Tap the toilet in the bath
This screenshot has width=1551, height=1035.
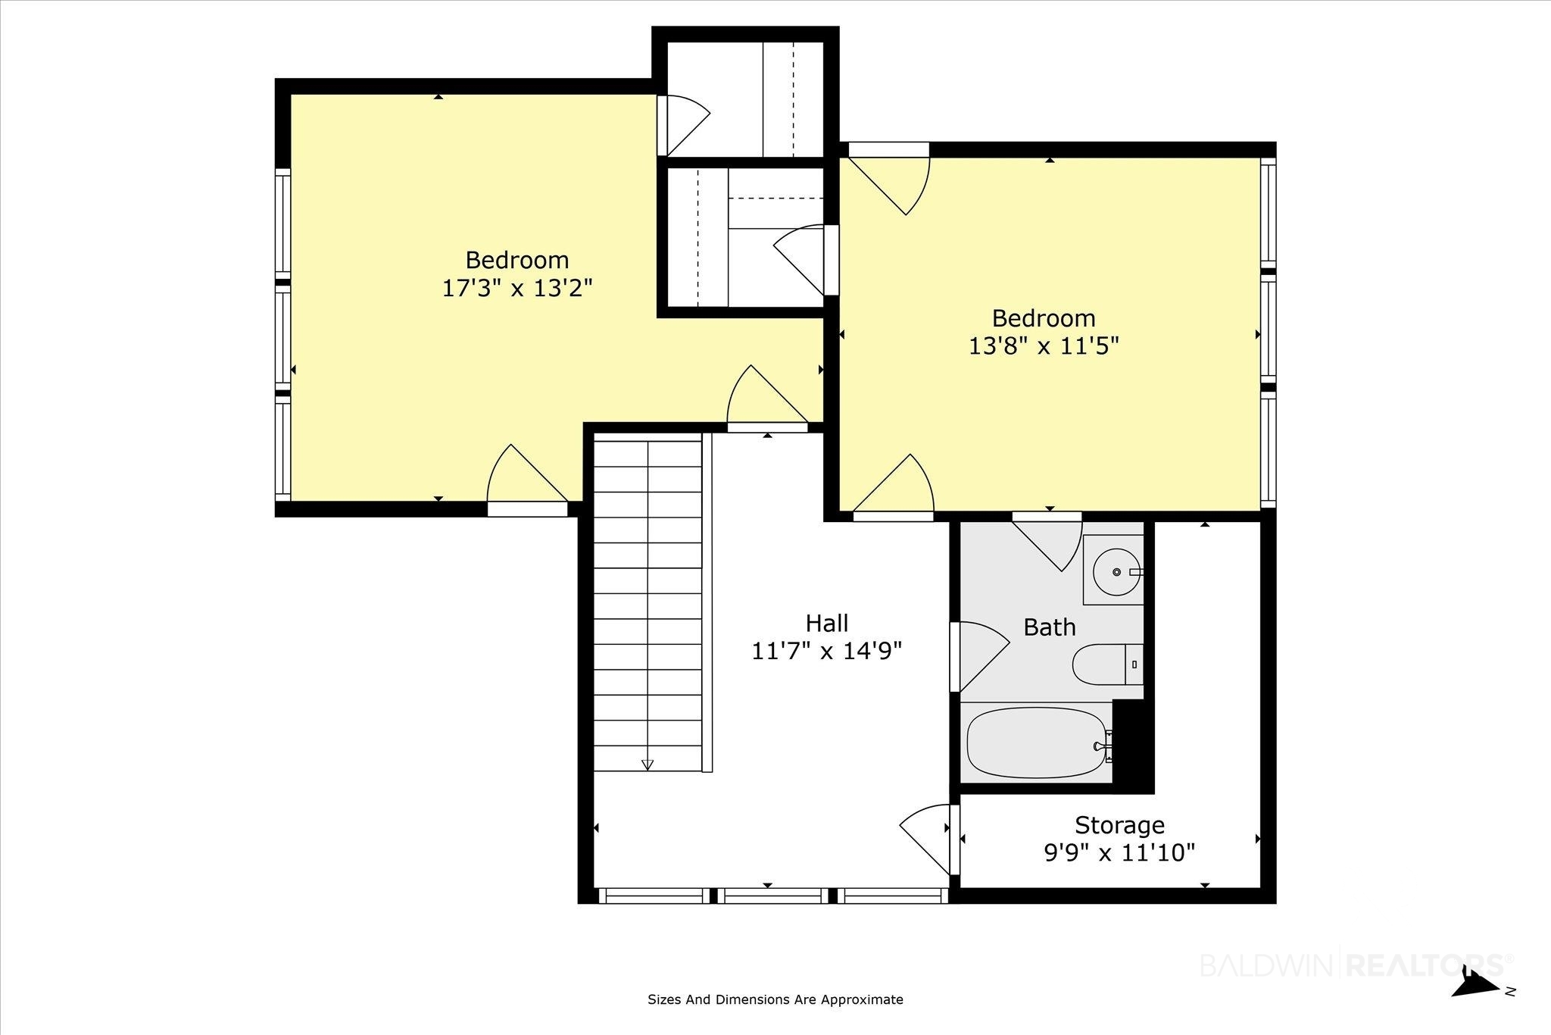pos(1108,664)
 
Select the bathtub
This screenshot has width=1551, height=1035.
pos(1037,743)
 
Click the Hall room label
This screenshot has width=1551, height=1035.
pos(826,624)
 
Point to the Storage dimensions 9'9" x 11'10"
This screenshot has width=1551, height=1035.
pos(1119,853)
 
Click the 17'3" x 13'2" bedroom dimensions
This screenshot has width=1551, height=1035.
pos(517,288)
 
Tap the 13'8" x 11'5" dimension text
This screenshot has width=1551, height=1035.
pos(1044,346)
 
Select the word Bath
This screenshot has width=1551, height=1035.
pos(1049,627)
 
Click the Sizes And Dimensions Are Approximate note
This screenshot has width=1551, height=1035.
pos(775,999)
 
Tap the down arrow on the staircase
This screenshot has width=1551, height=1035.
pos(648,765)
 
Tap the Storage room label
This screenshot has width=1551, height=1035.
pos(1119,824)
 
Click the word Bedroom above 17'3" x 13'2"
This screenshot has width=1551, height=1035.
pos(517,260)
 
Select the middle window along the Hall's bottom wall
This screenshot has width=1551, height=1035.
pos(773,896)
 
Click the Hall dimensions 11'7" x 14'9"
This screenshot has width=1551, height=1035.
pos(826,652)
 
